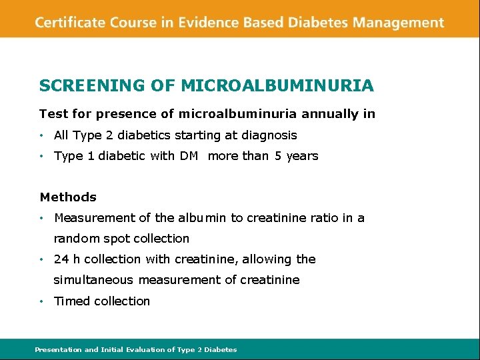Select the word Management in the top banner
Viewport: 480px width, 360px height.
tap(399, 23)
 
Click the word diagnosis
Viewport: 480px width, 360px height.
tap(269, 135)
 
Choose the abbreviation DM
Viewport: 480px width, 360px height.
tap(189, 156)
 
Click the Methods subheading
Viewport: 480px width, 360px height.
tap(68, 197)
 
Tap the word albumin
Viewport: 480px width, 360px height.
tap(203, 218)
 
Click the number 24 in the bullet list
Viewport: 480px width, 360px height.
tap(61, 259)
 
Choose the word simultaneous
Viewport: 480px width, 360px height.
tap(93, 280)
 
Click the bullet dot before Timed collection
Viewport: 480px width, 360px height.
tap(41, 301)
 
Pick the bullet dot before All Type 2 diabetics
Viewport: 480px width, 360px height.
tap(41, 135)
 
